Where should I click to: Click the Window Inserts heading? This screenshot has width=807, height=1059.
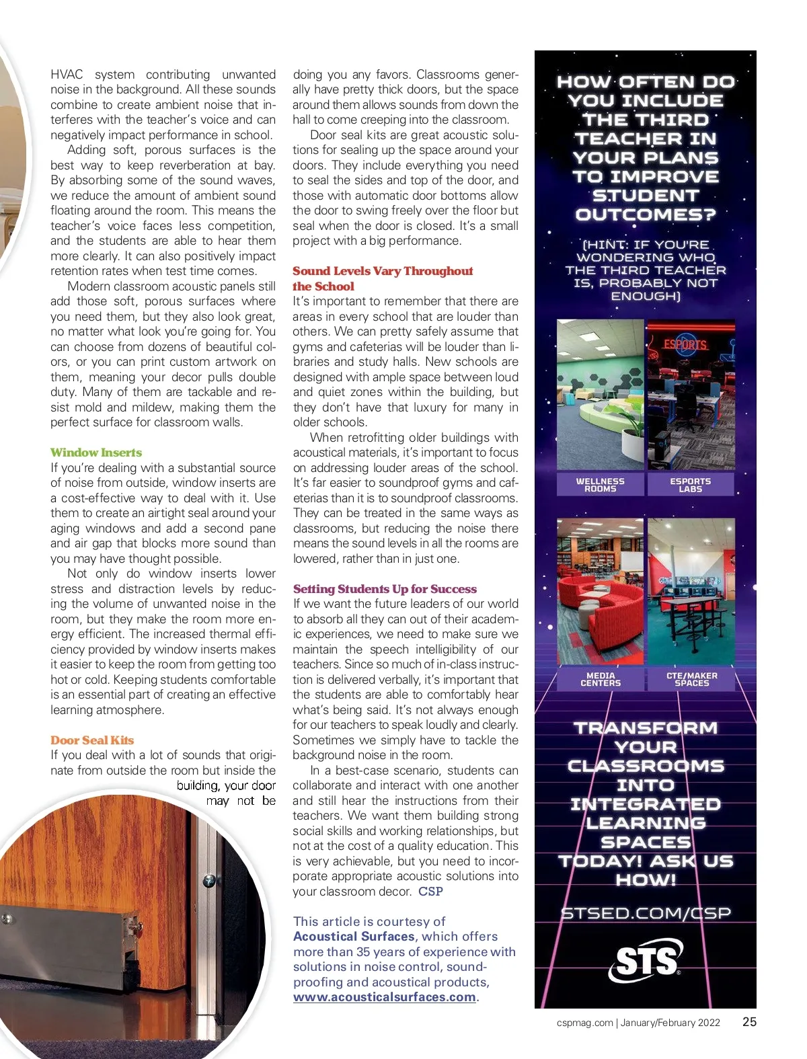[x=96, y=453]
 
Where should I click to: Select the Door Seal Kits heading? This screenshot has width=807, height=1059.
[x=92, y=740]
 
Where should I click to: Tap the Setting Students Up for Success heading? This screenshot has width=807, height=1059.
[x=385, y=589]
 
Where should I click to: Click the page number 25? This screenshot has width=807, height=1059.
[x=749, y=1022]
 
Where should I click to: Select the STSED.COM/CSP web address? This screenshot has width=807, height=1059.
[x=646, y=913]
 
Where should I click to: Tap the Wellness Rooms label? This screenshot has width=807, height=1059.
[x=600, y=485]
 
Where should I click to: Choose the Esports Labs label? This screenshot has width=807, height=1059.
[x=690, y=485]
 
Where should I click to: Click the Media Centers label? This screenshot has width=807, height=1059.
[x=600, y=679]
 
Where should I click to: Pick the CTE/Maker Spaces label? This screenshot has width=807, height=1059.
[x=691, y=679]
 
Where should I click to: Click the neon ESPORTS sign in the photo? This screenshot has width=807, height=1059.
[x=685, y=345]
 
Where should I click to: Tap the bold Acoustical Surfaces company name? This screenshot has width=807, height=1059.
[x=354, y=937]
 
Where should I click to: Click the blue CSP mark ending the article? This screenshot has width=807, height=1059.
[x=430, y=892]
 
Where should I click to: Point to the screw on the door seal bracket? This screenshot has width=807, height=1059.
[x=210, y=880]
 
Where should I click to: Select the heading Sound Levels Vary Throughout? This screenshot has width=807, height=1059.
[x=383, y=271]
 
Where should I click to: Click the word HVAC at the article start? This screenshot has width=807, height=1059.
[x=67, y=75]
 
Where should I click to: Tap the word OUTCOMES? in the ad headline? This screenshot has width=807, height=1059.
[x=645, y=214]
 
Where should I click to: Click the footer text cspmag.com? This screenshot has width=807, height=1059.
[x=584, y=1023]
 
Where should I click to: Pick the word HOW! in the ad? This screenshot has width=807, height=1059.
[x=646, y=880]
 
